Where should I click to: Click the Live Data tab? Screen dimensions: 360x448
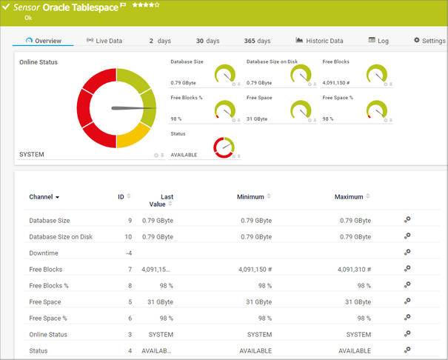coord(104,41)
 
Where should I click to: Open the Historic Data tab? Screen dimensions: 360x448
coord(319,41)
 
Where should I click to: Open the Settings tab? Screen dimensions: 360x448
coord(429,41)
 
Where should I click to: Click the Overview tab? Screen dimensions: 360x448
coord(43,41)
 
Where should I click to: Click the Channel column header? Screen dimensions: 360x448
coord(44,197)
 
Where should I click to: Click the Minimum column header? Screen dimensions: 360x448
coord(251,197)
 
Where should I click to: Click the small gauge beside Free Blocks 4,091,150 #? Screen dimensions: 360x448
coord(377,74)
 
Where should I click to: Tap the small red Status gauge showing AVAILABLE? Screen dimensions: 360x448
coord(224,147)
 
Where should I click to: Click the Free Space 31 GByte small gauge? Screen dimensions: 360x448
coord(301,110)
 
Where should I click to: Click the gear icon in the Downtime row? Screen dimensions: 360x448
coord(407,253)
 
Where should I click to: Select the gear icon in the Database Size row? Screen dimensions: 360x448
coord(407,220)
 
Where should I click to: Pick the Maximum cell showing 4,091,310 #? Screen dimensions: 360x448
coord(354,269)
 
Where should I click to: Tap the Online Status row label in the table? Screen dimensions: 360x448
coord(48,334)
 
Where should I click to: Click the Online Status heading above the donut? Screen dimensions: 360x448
coord(39,62)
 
